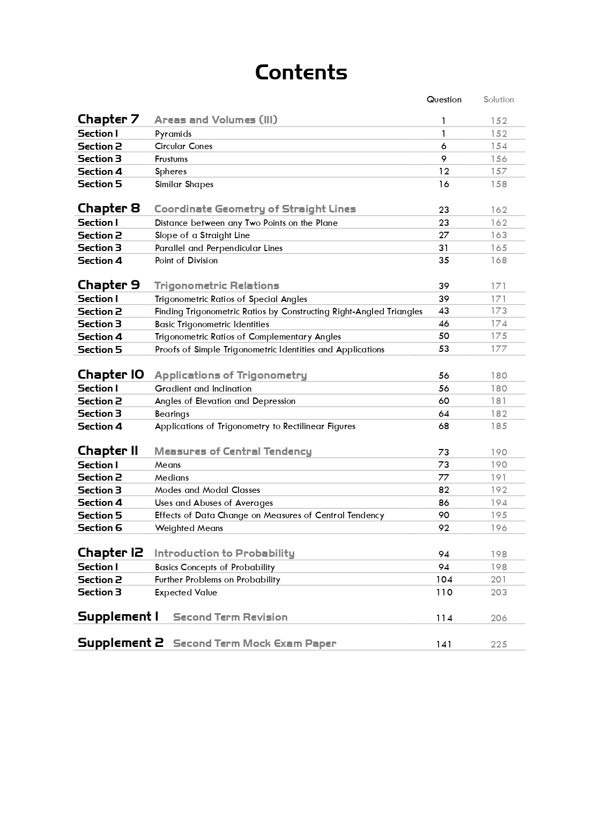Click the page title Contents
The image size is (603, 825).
301,72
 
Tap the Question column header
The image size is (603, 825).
444,100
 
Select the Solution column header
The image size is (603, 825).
498,100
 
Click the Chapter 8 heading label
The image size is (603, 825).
108,208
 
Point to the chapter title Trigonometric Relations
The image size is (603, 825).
217,286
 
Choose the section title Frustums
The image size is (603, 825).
171,159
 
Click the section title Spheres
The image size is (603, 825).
170,172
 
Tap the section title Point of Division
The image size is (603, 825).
186,261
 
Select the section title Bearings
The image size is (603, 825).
172,414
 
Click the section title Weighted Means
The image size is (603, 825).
189,528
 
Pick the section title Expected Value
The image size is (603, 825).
185,593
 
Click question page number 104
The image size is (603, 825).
444,580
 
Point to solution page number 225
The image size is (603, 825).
498,645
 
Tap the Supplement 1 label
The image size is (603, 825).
118,617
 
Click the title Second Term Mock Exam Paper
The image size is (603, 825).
255,644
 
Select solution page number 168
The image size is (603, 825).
498,261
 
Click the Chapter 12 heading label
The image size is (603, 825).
110,553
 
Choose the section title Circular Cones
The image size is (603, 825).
183,146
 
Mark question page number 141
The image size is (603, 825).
444,645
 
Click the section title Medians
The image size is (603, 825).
172,478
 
